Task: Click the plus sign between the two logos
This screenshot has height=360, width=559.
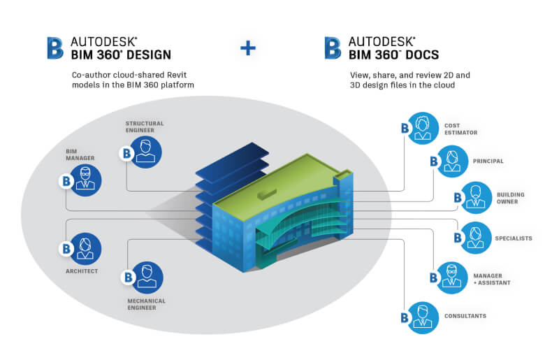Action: [248, 48]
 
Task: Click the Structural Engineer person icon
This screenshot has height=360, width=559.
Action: [145, 152]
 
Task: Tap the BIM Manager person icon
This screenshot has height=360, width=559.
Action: [85, 179]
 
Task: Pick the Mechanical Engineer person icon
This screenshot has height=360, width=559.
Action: [146, 277]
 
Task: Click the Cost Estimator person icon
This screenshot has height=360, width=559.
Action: [421, 128]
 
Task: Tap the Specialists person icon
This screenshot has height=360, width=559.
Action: [477, 238]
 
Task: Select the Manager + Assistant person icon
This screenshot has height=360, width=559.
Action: [449, 278]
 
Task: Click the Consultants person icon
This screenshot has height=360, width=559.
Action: [421, 316]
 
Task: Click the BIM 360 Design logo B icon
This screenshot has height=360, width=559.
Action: [55, 48]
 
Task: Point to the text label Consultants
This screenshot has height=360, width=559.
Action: [465, 316]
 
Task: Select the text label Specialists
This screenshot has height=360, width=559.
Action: [514, 238]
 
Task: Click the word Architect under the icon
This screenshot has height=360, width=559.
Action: [82, 271]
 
